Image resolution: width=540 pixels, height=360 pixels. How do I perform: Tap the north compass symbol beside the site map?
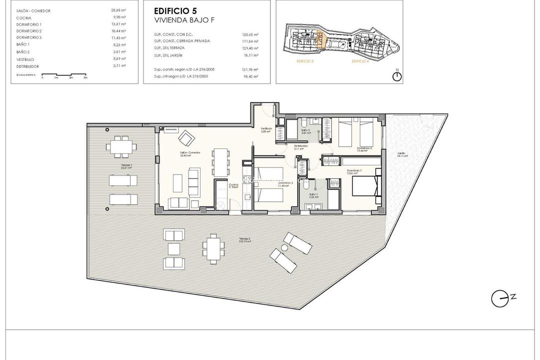(397, 76)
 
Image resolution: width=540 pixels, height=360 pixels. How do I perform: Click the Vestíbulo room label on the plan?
(265, 129)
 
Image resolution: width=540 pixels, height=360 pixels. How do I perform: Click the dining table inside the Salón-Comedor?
(220, 161)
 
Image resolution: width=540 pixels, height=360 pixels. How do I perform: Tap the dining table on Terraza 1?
(122, 146)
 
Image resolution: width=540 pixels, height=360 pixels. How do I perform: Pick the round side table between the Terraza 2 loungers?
(284, 247)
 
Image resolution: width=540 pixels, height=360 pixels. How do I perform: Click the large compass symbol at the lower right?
(498, 299)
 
